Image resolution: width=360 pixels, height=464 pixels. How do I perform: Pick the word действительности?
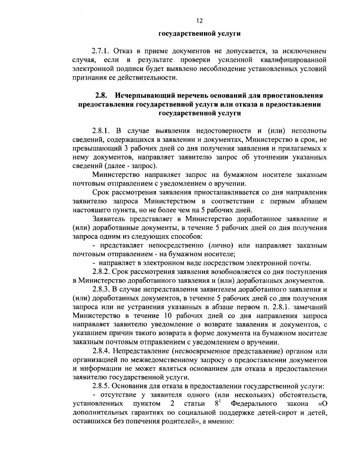click(151, 78)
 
